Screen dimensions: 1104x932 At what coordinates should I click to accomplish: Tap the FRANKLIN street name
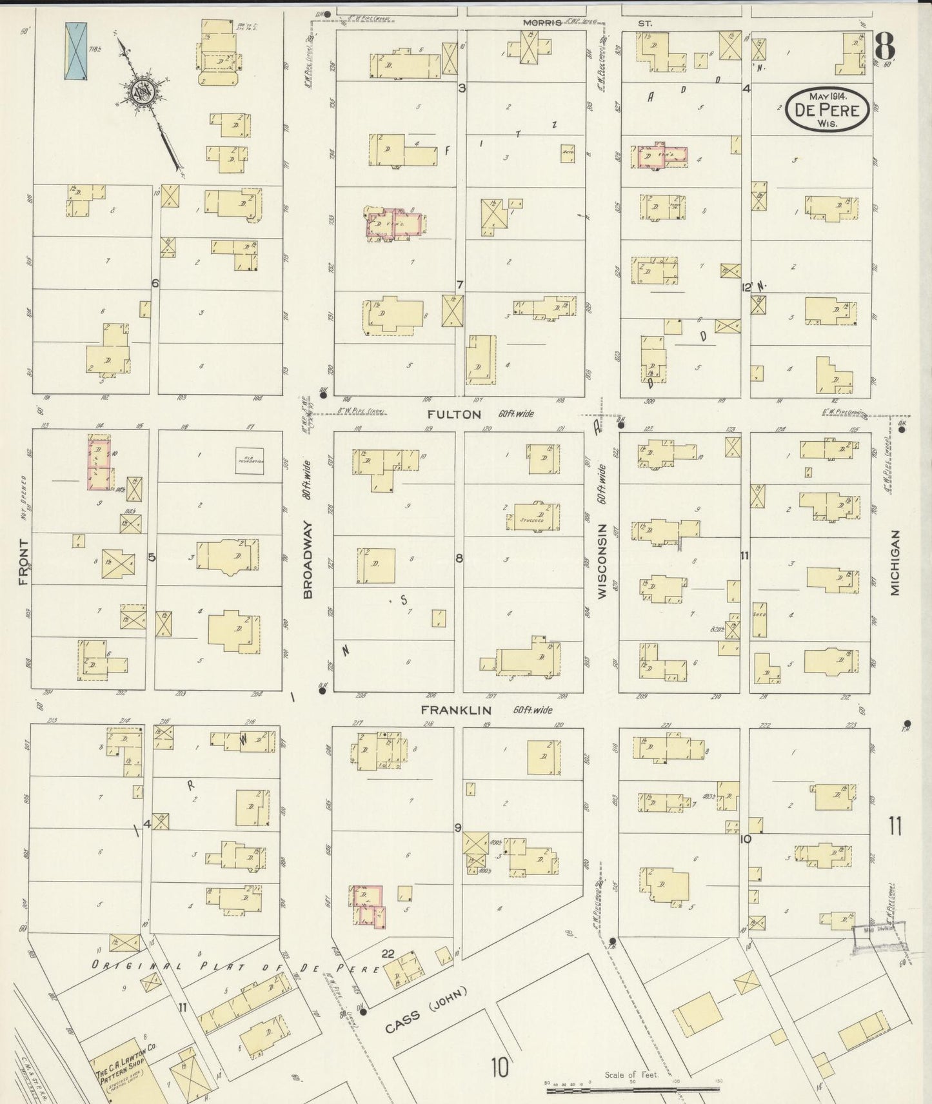point(456,710)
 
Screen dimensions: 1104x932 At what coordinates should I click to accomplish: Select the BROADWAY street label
point(308,560)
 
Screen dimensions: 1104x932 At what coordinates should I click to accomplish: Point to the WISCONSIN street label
point(602,561)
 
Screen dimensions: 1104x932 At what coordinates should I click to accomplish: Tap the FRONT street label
point(24,562)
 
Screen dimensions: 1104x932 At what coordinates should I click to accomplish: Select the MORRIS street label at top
point(542,23)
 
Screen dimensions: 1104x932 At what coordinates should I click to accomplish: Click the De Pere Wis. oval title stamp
point(827,111)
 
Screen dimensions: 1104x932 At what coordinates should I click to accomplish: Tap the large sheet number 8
point(886,47)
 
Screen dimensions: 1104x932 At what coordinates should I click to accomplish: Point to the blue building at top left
point(75,52)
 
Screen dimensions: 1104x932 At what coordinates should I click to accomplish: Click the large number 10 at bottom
point(499,1067)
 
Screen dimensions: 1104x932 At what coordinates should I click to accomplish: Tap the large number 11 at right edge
point(895,826)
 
